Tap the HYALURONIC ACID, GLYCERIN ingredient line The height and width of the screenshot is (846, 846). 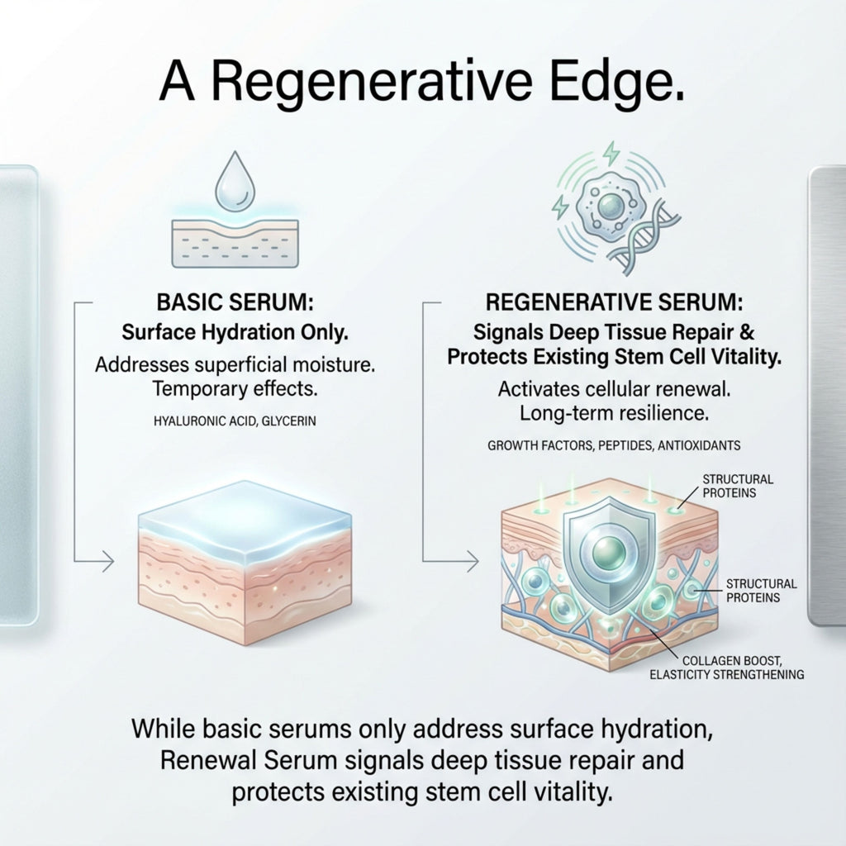tap(235, 421)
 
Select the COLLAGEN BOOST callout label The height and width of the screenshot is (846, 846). tap(732, 668)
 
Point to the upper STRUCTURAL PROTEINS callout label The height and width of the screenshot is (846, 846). tap(738, 486)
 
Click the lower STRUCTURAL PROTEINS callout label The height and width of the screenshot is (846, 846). tap(760, 590)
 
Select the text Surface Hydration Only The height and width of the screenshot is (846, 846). tap(235, 334)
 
